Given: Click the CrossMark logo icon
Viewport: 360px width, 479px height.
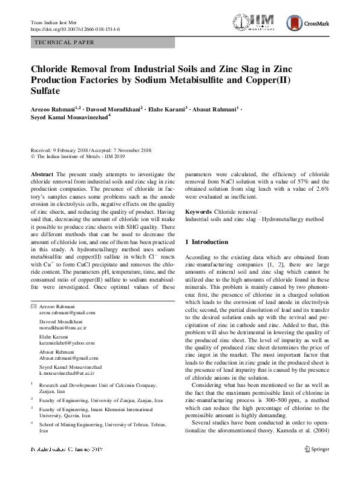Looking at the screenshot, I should [x=295, y=24].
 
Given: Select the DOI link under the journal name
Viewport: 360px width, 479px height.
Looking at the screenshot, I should [x=74, y=29].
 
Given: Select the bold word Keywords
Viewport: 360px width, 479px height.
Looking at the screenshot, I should [x=198, y=212].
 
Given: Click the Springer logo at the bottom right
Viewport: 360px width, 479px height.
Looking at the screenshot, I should [x=317, y=466].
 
